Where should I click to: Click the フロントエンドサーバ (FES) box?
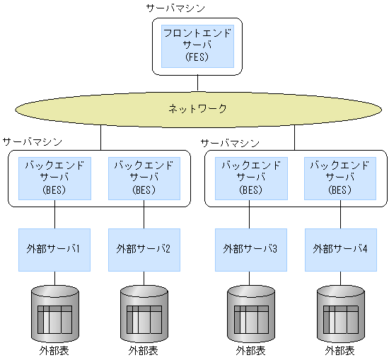click(x=197, y=45)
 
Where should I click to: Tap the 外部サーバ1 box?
click(x=55, y=249)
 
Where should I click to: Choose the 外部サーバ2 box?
click(x=144, y=249)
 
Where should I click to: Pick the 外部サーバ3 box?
click(x=250, y=249)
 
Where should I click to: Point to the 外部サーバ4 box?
click(x=340, y=249)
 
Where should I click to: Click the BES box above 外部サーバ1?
click(x=55, y=178)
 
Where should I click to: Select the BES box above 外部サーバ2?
click(x=144, y=178)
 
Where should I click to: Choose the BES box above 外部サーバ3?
click(x=250, y=178)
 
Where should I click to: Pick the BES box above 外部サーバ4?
click(x=340, y=178)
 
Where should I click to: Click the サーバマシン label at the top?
click(x=175, y=8)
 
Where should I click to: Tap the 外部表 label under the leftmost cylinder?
click(x=55, y=351)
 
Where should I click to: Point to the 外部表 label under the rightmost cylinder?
click(x=340, y=351)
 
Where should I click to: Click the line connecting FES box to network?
click(x=197, y=82)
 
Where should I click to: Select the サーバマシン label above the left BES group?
click(x=32, y=142)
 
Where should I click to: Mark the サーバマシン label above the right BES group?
click(x=229, y=142)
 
